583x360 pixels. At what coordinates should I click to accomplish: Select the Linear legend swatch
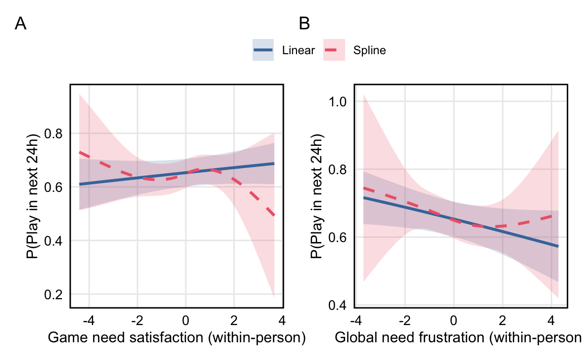[263, 50]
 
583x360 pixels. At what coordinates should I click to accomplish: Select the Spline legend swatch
[334, 50]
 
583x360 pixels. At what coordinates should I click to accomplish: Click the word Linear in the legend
[299, 51]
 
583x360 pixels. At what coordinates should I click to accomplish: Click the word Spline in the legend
[370, 51]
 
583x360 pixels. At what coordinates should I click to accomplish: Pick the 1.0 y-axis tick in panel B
[338, 102]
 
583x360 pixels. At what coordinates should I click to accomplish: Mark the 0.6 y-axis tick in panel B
[338, 237]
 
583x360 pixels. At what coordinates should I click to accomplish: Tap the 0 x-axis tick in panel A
[186, 320]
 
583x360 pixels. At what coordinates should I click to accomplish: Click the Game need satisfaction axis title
[177, 338]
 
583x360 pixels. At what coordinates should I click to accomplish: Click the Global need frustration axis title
[458, 338]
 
